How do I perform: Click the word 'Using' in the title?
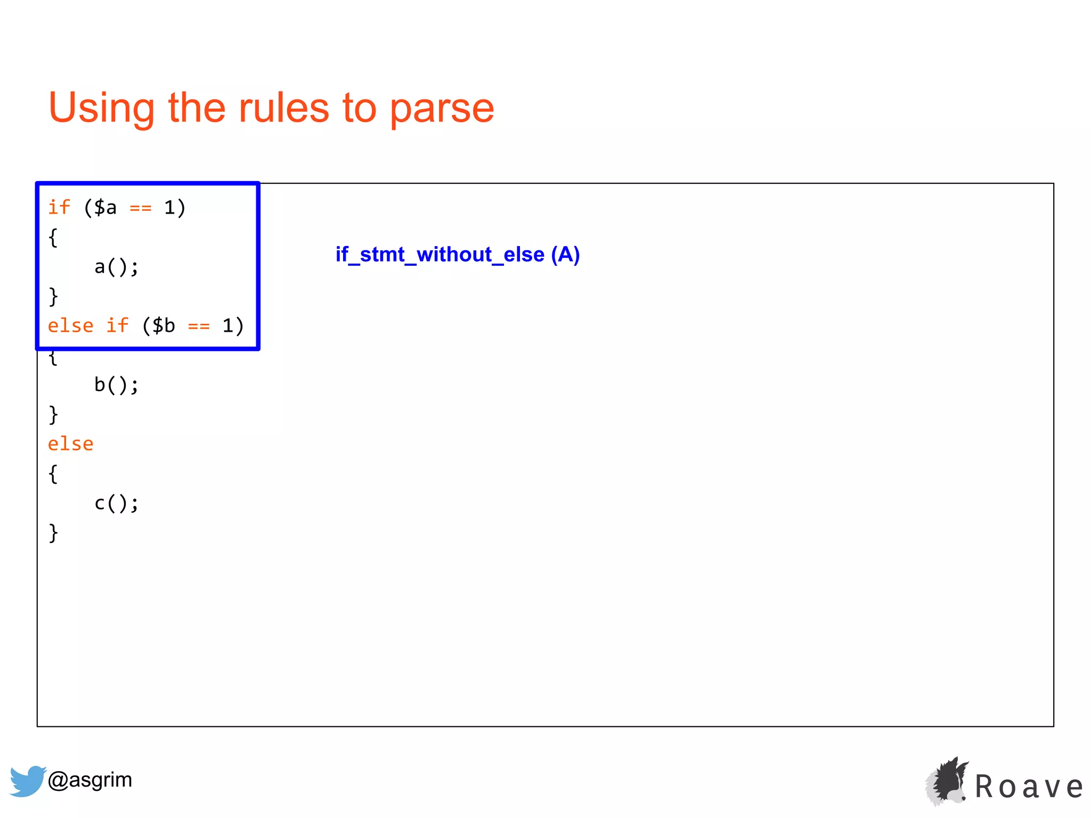pos(101,108)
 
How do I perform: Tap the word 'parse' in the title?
pos(442,108)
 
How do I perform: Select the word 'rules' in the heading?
pos(283,108)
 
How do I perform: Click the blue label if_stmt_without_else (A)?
pos(457,255)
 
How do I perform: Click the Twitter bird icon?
pos(27,781)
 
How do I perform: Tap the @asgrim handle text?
pos(89,780)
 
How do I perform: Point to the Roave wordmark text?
pos(1029,787)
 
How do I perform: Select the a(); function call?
pos(116,267)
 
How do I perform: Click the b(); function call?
pos(116,385)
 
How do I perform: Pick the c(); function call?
pos(116,503)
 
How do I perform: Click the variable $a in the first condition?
pos(105,208)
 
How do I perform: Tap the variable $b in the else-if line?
pos(164,326)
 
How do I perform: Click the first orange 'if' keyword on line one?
pos(59,208)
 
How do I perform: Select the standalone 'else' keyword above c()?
pos(70,444)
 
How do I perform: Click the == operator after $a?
pos(141,208)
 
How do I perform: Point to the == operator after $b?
pos(199,326)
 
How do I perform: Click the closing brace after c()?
pos(53,533)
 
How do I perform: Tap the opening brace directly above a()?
pos(53,238)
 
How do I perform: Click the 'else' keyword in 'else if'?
pos(70,326)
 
